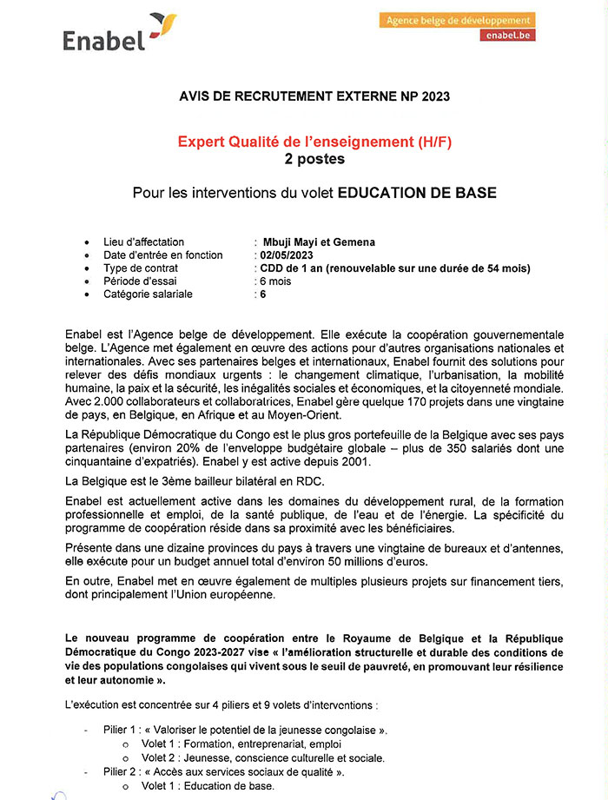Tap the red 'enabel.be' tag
click(510, 36)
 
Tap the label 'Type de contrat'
click(142, 268)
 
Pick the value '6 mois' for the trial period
click(276, 281)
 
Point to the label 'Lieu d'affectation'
click(144, 242)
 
